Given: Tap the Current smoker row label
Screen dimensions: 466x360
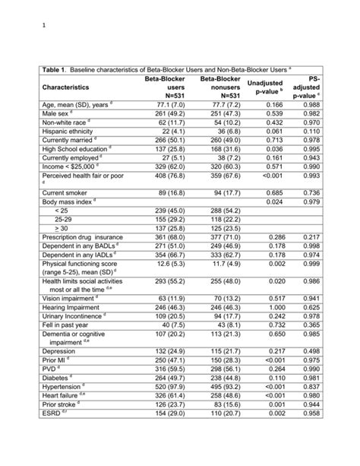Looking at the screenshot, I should pos(66,192).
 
